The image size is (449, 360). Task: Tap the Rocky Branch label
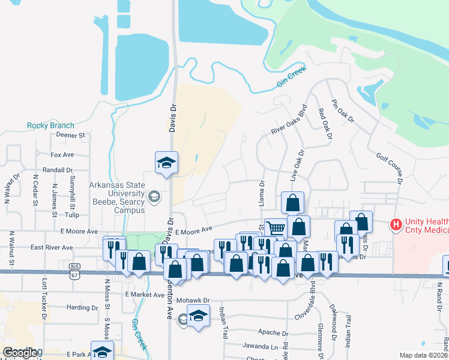pyautogui.click(x=50, y=125)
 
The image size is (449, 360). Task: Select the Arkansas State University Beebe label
pyautogui.click(x=117, y=194)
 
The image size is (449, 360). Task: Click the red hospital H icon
pyautogui.click(x=396, y=225)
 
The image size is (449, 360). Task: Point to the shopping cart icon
pyautogui.click(x=275, y=228)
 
